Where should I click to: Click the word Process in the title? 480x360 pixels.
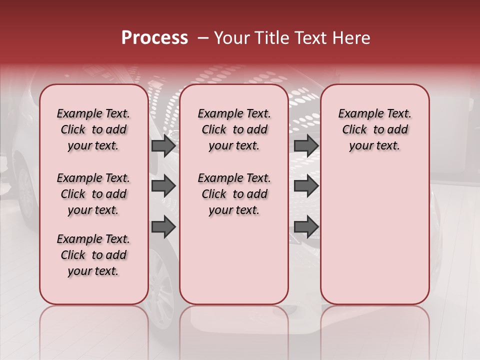point(154,38)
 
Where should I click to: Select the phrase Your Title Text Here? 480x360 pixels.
point(292,38)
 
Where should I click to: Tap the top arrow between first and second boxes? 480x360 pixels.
point(163,145)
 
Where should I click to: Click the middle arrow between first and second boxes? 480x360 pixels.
point(163,186)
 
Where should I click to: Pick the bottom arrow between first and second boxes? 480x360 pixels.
point(163,227)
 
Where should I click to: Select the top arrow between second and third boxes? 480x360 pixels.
point(306,145)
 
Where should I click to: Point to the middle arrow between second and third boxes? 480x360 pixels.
point(306,186)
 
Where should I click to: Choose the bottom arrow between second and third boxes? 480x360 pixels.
point(306,227)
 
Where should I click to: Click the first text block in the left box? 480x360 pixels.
point(93,129)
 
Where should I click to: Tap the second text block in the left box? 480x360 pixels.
point(93,194)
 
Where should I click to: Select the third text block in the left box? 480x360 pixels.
point(93,255)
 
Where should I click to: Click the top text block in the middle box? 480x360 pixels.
point(234,129)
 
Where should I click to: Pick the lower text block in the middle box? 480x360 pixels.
point(234,194)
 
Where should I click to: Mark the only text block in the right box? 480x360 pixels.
point(374,129)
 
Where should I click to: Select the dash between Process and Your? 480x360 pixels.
point(203,38)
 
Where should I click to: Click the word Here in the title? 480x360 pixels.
point(352,38)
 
